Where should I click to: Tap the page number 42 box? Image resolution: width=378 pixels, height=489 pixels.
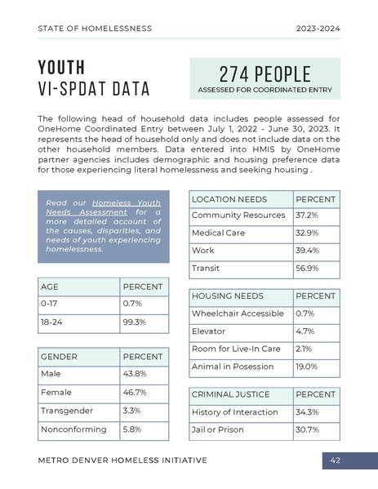click(335, 460)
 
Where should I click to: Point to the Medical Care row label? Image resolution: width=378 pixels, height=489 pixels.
click(213, 233)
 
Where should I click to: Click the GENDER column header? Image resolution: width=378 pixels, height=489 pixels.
click(59, 357)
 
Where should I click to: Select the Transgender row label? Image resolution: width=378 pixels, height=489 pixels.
click(67, 411)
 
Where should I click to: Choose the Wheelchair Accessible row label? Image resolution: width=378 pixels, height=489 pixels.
click(238, 313)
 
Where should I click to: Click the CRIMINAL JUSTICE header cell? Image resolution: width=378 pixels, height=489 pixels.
click(230, 394)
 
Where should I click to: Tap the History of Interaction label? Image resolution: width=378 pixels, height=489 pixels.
click(234, 412)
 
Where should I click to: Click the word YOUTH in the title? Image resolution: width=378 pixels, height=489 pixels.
click(61, 67)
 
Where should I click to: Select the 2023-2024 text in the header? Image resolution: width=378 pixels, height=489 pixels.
click(318, 29)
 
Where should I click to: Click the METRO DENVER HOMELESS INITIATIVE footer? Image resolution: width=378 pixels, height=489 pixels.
click(122, 460)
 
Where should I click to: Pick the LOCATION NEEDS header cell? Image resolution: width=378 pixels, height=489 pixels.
click(229, 199)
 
